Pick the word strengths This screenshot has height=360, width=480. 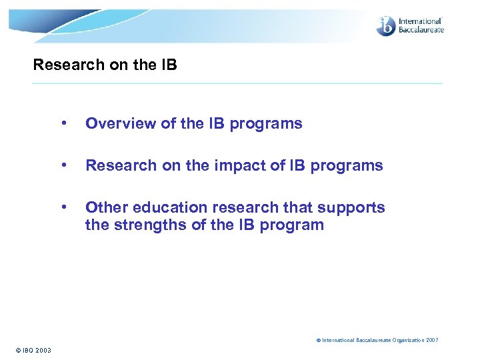point(149,225)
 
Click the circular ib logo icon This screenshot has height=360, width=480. point(386,26)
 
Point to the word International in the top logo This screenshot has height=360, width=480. point(420,21)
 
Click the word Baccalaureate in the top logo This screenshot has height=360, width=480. point(421,30)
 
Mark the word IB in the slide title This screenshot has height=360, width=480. point(169,65)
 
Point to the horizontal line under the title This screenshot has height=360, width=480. point(237,83)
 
